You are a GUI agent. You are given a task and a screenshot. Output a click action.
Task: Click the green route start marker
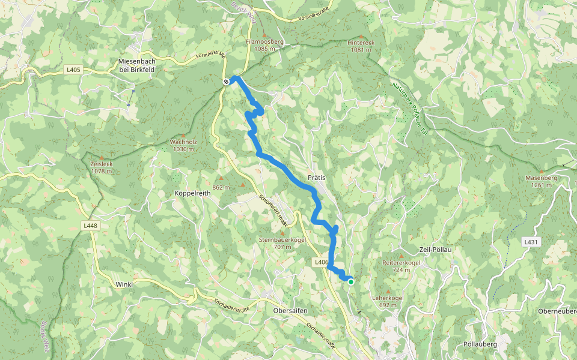click(x=350, y=281)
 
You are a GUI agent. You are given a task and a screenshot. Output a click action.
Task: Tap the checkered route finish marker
click(x=226, y=82)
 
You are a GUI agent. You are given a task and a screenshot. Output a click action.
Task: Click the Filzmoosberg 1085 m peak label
click(x=264, y=45)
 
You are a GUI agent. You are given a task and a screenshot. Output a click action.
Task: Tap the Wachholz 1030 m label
click(x=183, y=145)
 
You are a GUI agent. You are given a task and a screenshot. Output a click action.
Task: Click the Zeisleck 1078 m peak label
click(x=101, y=167)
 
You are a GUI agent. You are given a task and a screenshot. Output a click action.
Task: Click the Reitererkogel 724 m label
click(x=400, y=266)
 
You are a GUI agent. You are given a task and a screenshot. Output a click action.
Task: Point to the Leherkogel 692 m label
click(x=388, y=301)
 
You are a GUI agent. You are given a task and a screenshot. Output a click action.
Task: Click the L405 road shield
click(x=73, y=70)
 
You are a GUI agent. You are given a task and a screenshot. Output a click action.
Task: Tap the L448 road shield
click(x=90, y=226)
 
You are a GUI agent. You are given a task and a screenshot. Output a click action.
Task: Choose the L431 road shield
click(x=530, y=242)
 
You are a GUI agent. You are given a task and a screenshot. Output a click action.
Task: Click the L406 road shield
click(x=320, y=262)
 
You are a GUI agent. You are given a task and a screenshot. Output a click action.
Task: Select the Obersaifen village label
click(x=290, y=310)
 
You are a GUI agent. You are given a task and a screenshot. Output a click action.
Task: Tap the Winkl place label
click(x=124, y=284)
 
